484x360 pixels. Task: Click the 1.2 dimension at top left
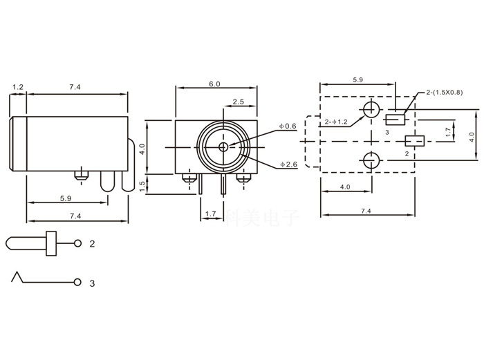[18, 87]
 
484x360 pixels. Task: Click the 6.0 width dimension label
[214, 84]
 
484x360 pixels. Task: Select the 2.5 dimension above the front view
[238, 102]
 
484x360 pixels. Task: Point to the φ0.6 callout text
[288, 126]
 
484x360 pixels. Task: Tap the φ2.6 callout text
[289, 164]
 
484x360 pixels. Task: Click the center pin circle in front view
[223, 146]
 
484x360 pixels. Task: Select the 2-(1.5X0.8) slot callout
[443, 93]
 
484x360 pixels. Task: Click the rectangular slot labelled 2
[414, 141]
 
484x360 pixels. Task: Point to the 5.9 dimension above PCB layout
[358, 81]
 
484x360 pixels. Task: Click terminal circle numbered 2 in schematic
[77, 244]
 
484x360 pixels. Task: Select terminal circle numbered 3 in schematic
[77, 282]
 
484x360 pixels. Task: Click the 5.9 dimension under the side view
[65, 199]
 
